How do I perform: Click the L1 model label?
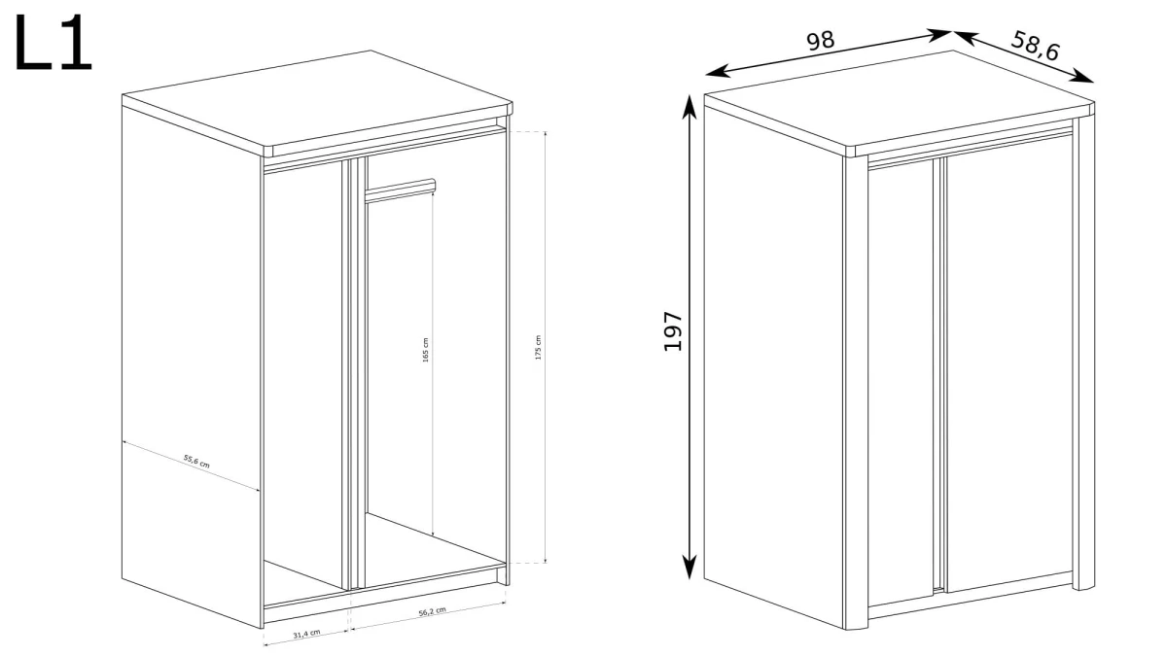53,43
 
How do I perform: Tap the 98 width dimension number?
821,41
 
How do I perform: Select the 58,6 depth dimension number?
1035,46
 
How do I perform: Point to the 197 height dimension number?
673,331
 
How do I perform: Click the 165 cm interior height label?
426,350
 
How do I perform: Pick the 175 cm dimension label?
538,347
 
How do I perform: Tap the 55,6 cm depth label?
196,462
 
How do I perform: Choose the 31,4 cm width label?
307,634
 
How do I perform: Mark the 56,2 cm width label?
433,611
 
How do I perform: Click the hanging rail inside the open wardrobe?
401,190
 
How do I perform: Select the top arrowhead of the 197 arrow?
690,107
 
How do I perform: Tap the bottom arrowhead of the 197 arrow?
690,567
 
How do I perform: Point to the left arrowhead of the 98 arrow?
717,71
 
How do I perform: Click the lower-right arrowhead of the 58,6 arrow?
1081,76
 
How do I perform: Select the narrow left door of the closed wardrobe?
901,384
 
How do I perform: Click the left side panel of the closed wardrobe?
774,360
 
